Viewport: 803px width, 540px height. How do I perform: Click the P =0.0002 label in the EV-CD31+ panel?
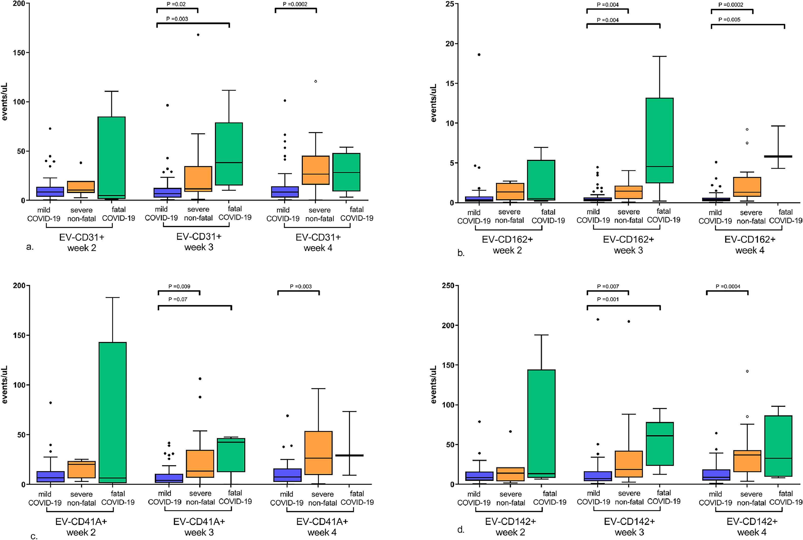coord(295,4)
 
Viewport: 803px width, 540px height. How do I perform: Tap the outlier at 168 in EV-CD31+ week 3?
coord(198,35)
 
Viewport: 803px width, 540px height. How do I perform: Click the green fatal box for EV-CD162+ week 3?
coord(659,141)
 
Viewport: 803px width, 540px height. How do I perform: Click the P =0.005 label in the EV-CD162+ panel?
coord(729,20)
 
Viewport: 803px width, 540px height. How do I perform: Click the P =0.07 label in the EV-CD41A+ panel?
coord(177,299)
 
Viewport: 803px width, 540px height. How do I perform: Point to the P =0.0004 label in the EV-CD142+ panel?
coord(728,287)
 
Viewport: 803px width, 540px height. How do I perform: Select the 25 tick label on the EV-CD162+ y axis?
coord(450,4)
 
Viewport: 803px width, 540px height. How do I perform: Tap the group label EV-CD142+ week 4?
coord(752,527)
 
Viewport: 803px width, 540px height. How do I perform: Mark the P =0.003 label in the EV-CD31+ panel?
coord(177,19)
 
